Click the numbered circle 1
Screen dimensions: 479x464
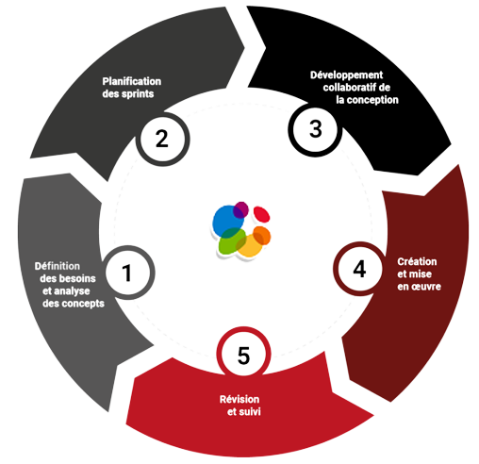(x=128, y=273)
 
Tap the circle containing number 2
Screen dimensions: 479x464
(x=162, y=140)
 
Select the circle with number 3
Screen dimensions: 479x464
(x=315, y=129)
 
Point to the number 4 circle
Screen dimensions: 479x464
(x=360, y=269)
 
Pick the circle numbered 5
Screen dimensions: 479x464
(x=243, y=355)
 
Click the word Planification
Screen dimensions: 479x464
(x=132, y=81)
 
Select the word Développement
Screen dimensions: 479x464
(x=347, y=75)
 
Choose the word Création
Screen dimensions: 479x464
(x=417, y=261)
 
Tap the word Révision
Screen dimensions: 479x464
(x=239, y=399)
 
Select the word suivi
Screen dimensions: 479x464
(x=251, y=412)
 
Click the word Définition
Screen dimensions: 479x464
(x=58, y=266)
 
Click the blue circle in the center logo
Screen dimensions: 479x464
(x=227, y=221)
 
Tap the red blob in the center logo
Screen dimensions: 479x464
(x=261, y=214)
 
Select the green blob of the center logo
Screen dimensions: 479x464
(x=232, y=241)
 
